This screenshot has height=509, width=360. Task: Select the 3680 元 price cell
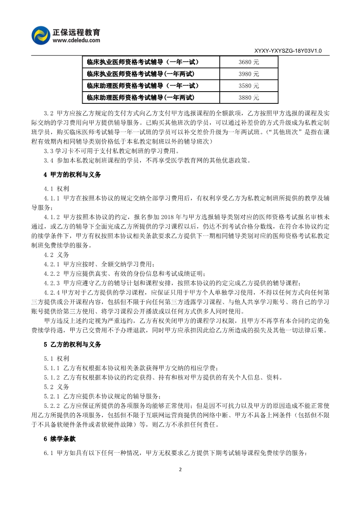[x=249, y=62]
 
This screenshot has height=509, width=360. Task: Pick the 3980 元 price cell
[x=249, y=74]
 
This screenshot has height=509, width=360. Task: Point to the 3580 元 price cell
[x=249, y=86]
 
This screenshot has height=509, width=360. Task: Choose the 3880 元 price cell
[x=249, y=98]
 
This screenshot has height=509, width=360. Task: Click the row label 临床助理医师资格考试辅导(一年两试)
[x=140, y=98]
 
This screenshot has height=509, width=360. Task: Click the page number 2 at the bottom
[x=180, y=482]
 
